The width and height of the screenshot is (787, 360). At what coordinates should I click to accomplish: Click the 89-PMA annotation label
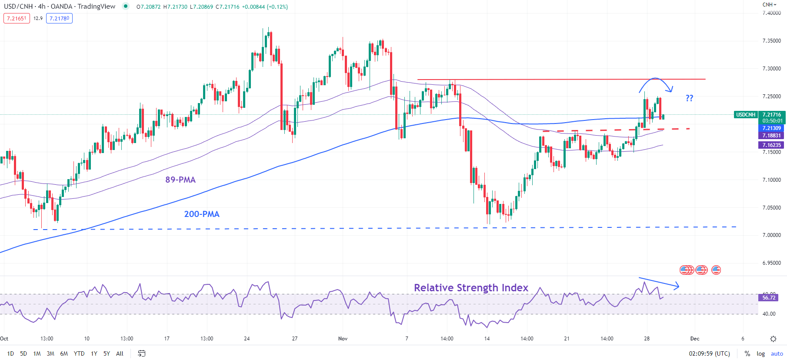[x=180, y=180]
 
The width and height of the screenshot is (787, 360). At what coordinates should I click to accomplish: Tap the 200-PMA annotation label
[x=201, y=214]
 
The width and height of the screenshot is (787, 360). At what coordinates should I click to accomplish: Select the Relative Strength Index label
[x=471, y=288]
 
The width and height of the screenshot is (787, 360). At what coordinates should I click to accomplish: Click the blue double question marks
[x=689, y=98]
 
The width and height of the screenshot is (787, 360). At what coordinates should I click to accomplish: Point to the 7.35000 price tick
[x=771, y=41]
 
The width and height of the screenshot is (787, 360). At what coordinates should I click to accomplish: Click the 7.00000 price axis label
[x=771, y=235]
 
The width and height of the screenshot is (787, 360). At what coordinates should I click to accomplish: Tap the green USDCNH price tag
[x=745, y=115]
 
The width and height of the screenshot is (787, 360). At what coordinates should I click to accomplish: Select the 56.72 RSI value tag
[x=768, y=298]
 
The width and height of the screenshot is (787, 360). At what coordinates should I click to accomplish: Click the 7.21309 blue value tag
[x=771, y=128]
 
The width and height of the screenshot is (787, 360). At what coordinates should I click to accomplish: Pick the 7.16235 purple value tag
[x=771, y=145]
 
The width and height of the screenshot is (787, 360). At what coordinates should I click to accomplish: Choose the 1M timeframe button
[x=37, y=353]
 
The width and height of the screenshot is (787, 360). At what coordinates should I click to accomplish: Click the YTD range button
[x=79, y=353]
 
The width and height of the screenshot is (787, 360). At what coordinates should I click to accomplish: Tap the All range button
[x=120, y=353]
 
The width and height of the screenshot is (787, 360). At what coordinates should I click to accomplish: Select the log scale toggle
[x=760, y=353]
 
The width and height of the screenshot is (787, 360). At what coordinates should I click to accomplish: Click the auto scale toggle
[x=777, y=353]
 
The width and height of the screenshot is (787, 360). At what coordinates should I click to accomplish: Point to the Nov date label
[x=343, y=338]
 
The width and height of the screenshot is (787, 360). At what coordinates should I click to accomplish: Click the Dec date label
[x=694, y=338]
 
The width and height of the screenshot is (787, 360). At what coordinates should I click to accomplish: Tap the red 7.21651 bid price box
[x=17, y=18]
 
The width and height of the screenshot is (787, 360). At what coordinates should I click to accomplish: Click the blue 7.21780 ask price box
[x=59, y=18]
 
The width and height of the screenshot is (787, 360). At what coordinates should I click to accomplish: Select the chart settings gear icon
[x=773, y=339]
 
